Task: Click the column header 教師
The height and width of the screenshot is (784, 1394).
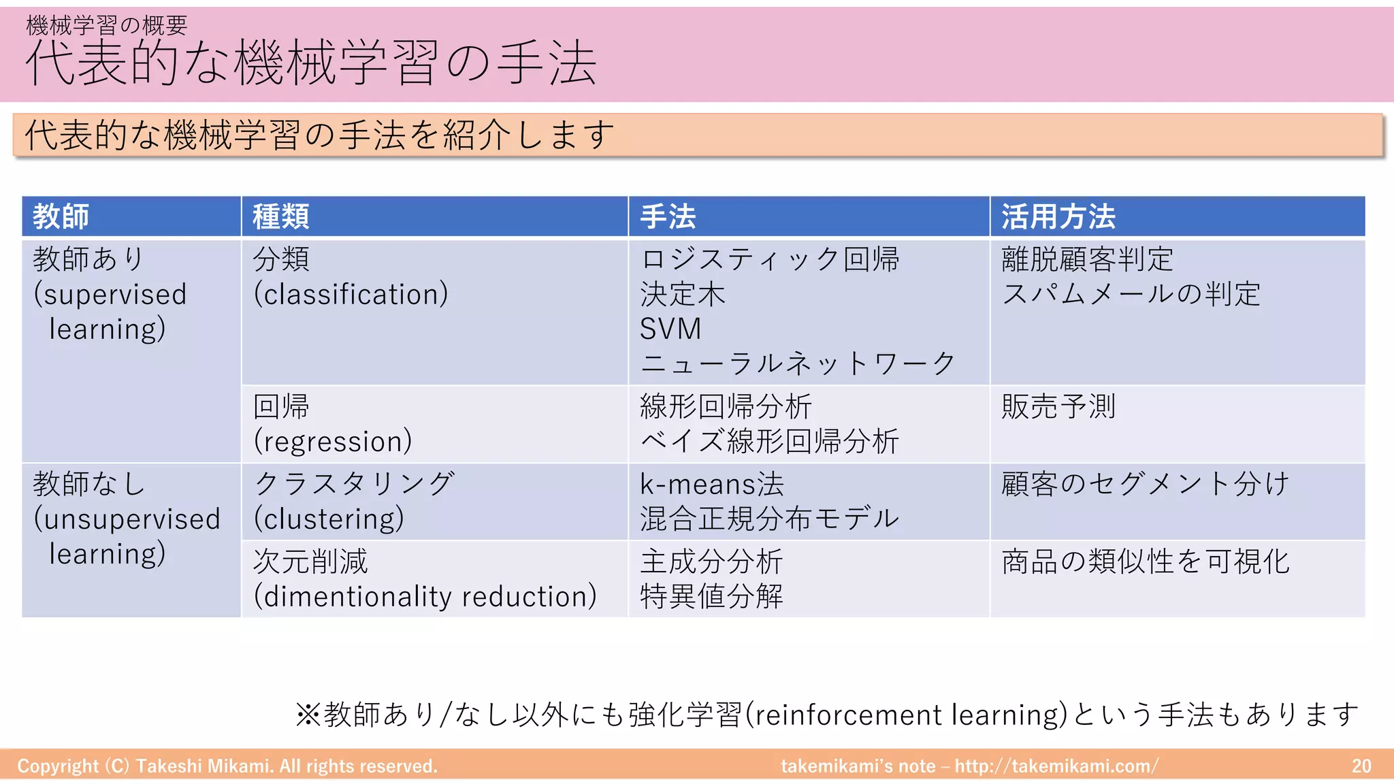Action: tap(61, 216)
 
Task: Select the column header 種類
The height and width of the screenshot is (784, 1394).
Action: tap(280, 216)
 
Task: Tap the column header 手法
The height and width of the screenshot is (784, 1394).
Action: tap(668, 216)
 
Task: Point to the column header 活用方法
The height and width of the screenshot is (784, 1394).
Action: tap(1058, 216)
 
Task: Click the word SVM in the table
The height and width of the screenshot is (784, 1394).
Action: tap(670, 329)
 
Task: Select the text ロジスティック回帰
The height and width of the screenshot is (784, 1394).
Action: tap(770, 259)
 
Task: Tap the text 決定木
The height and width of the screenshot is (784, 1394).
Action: tap(683, 294)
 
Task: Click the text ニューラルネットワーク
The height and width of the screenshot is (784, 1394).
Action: tap(798, 363)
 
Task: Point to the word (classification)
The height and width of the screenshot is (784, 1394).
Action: tap(351, 294)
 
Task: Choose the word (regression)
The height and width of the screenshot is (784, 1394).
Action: tap(333, 441)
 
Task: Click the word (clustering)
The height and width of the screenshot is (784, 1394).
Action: tap(329, 519)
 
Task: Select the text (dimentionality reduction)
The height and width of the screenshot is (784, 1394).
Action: tap(425, 596)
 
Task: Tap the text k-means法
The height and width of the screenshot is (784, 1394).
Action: tap(712, 484)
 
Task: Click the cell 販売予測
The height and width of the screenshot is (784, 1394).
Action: tap(1058, 407)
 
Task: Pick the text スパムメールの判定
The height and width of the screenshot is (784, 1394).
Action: tap(1131, 294)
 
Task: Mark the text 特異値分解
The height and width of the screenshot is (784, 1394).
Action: tap(711, 596)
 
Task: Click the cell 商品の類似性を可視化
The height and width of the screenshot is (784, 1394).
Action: tap(1146, 561)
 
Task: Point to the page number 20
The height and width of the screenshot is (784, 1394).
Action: tap(1361, 766)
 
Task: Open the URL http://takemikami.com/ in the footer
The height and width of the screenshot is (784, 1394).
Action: tap(1056, 766)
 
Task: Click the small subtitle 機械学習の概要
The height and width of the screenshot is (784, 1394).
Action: tap(106, 25)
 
